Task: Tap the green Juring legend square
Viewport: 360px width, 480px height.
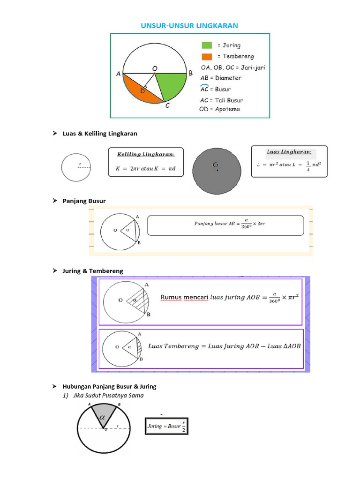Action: pos(207,45)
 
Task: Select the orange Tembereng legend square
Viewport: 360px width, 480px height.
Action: pos(207,57)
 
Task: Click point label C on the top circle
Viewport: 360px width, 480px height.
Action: pos(167,106)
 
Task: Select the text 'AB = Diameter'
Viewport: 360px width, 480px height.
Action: pos(221,78)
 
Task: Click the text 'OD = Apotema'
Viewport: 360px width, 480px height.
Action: pos(219,109)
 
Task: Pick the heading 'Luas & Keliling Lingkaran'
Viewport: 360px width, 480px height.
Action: pos(100,134)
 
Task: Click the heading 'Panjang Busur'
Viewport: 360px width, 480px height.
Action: pos(84,201)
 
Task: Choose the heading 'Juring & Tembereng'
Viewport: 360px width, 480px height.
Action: pos(93,271)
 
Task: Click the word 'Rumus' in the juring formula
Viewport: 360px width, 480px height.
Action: pos(171,297)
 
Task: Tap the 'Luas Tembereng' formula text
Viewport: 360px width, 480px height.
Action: pos(224,346)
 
